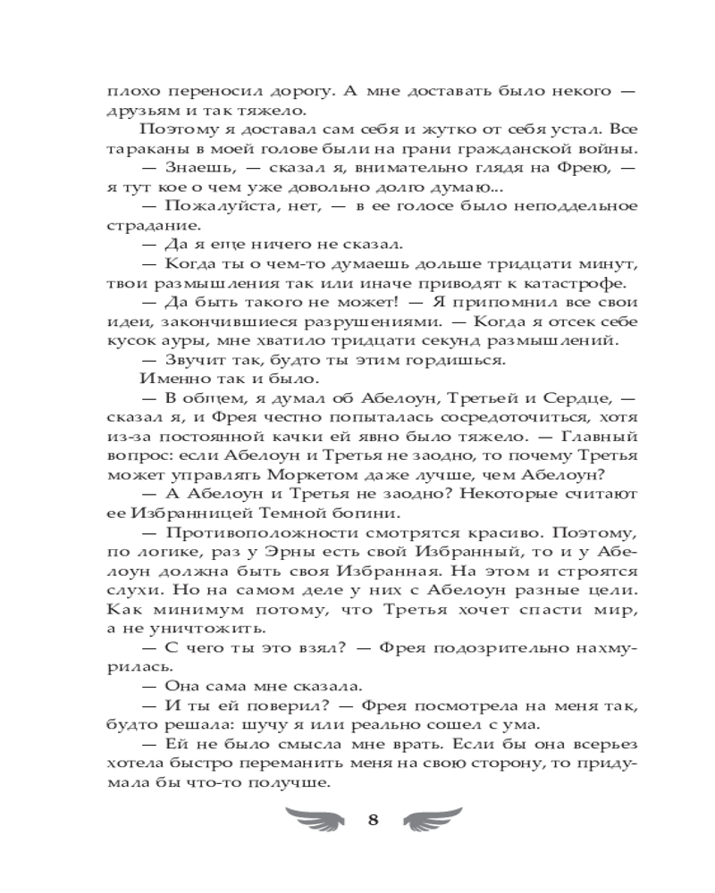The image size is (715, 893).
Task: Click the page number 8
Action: pos(374,821)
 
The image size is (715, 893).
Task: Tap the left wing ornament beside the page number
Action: pos(316,819)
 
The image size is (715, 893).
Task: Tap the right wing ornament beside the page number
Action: pos(433,819)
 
